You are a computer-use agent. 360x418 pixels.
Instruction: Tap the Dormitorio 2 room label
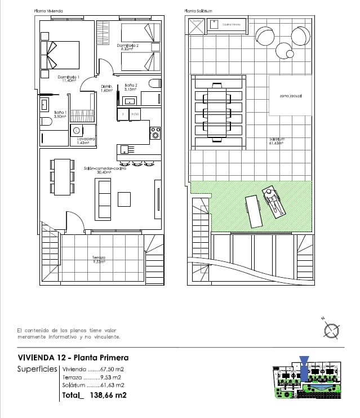click(x=128, y=47)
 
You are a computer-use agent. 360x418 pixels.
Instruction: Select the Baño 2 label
click(x=132, y=87)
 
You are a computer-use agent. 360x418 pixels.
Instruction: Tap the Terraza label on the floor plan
click(x=99, y=260)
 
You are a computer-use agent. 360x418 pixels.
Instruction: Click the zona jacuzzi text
click(x=291, y=96)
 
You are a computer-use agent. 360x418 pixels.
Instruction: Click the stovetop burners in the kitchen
click(x=155, y=134)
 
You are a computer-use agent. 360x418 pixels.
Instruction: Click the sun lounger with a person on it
click(x=274, y=203)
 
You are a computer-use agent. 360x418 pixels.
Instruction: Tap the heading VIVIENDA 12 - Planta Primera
click(x=73, y=357)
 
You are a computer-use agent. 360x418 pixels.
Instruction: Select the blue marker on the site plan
click(x=304, y=361)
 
